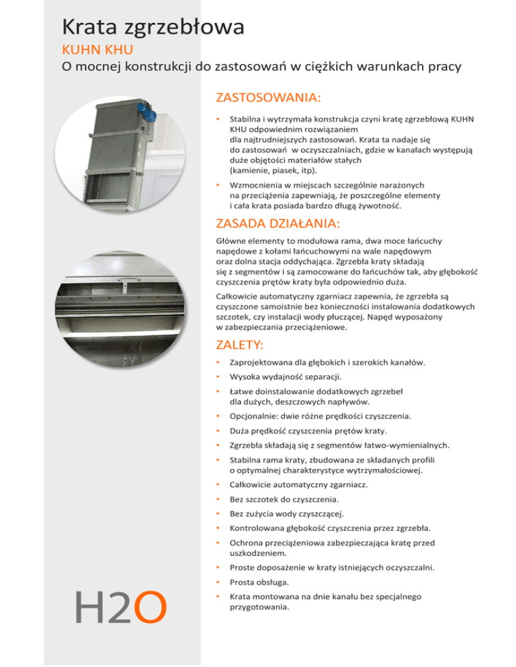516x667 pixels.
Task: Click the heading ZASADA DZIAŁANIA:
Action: coord(278,223)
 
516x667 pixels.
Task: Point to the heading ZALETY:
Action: coord(239,345)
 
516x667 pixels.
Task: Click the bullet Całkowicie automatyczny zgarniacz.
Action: coord(298,484)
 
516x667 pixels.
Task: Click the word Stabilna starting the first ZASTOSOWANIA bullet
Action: coord(245,119)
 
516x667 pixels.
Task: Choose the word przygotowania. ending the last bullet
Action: coord(259,609)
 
